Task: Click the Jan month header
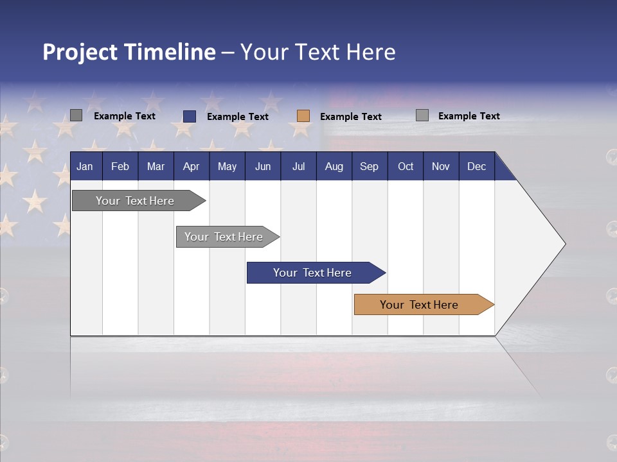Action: coord(85,166)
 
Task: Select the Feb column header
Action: coord(120,166)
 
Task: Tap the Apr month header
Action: coord(192,166)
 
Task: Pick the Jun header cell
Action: coord(263,166)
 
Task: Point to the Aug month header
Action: coord(334,166)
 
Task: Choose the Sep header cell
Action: coord(370,166)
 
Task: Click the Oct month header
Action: coord(406,166)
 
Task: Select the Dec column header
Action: coord(477,166)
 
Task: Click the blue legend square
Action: coord(190,116)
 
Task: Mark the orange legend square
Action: coord(303,116)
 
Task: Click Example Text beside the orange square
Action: coord(351,117)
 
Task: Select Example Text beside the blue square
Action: coord(238,117)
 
